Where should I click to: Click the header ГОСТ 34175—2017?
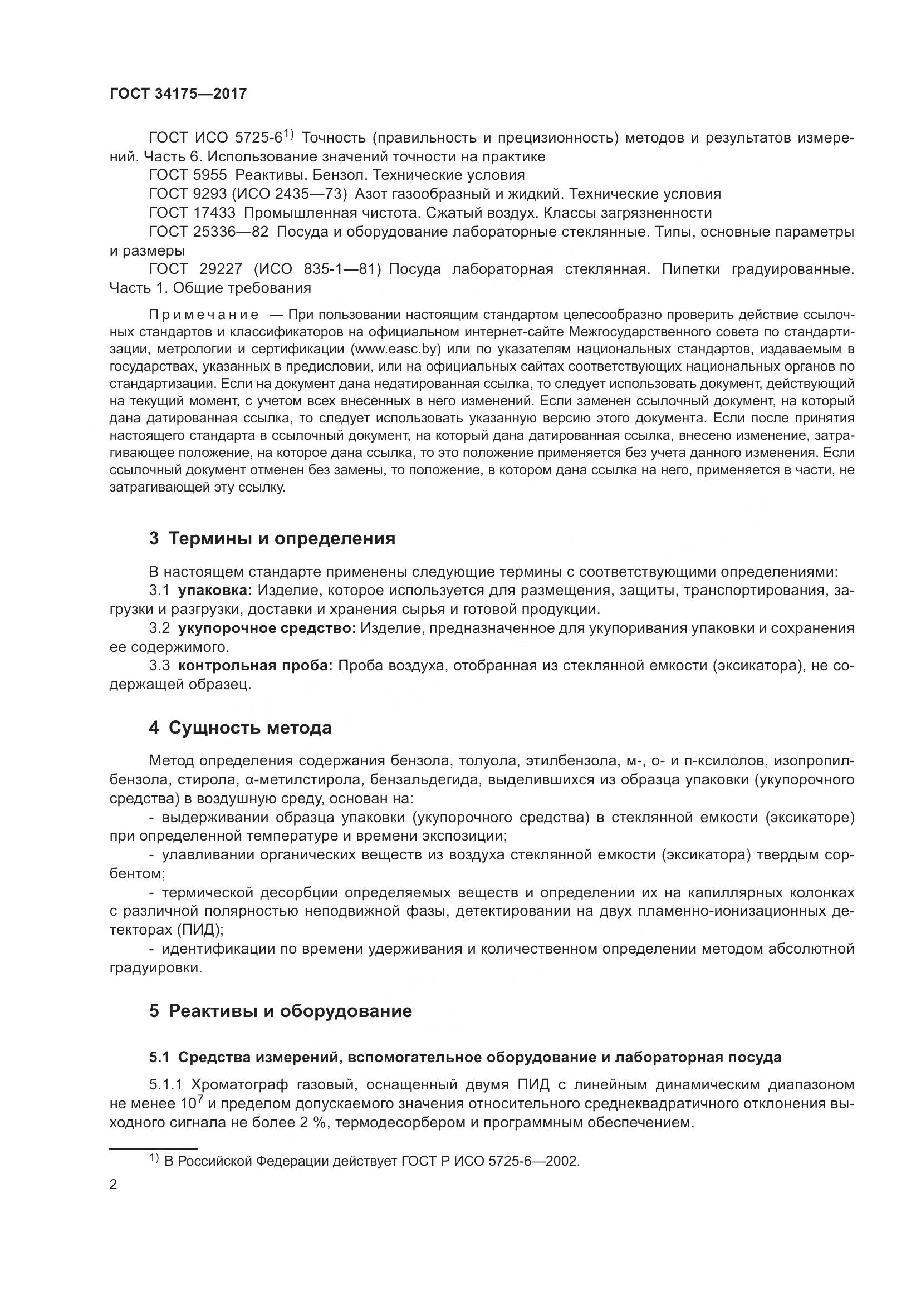click(x=178, y=94)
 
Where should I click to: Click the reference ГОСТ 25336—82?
click(x=209, y=232)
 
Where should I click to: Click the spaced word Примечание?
click(x=204, y=315)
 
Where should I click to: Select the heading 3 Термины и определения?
click(x=272, y=538)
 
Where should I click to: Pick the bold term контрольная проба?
click(x=256, y=666)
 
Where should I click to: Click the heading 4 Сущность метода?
click(x=240, y=728)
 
